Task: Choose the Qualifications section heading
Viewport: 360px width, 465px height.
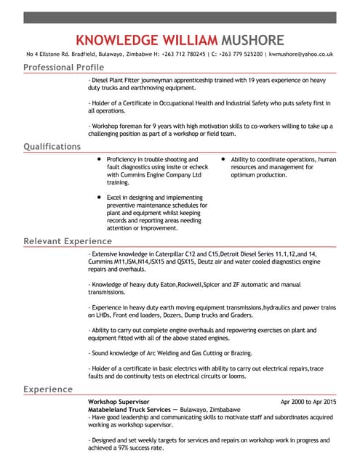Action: point(52,147)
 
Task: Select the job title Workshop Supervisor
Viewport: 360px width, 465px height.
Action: point(119,402)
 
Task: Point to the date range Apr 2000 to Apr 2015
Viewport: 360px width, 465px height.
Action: point(308,402)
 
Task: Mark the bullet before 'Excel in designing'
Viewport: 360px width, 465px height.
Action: point(99,197)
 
